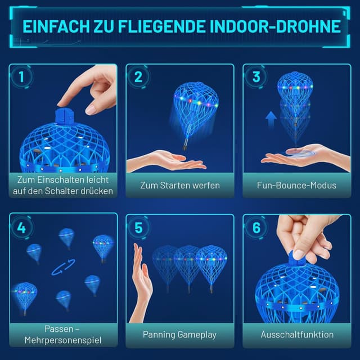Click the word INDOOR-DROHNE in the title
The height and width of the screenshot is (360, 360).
click(x=275, y=26)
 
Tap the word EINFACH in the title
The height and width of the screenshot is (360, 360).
click(x=56, y=26)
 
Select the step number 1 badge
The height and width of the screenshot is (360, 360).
click(x=21, y=76)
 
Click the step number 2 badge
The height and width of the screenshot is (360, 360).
click(x=138, y=76)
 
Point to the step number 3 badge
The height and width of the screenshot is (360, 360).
click(x=256, y=76)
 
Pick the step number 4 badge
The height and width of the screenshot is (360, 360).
click(x=21, y=228)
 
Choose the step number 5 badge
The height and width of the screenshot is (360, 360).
click(x=138, y=228)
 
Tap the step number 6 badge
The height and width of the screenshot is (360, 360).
click(x=256, y=228)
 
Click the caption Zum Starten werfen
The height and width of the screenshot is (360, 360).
click(x=180, y=185)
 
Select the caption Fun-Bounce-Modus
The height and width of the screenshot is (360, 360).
click(x=296, y=185)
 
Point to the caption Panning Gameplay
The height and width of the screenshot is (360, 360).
click(x=179, y=335)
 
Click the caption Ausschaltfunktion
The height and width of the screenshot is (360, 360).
click(x=297, y=335)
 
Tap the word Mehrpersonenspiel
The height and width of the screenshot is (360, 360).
click(x=63, y=340)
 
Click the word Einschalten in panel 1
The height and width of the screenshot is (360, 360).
click(x=60, y=180)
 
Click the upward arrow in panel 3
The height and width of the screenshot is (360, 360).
click(x=271, y=119)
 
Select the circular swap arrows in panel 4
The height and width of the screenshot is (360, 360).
click(x=63, y=267)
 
